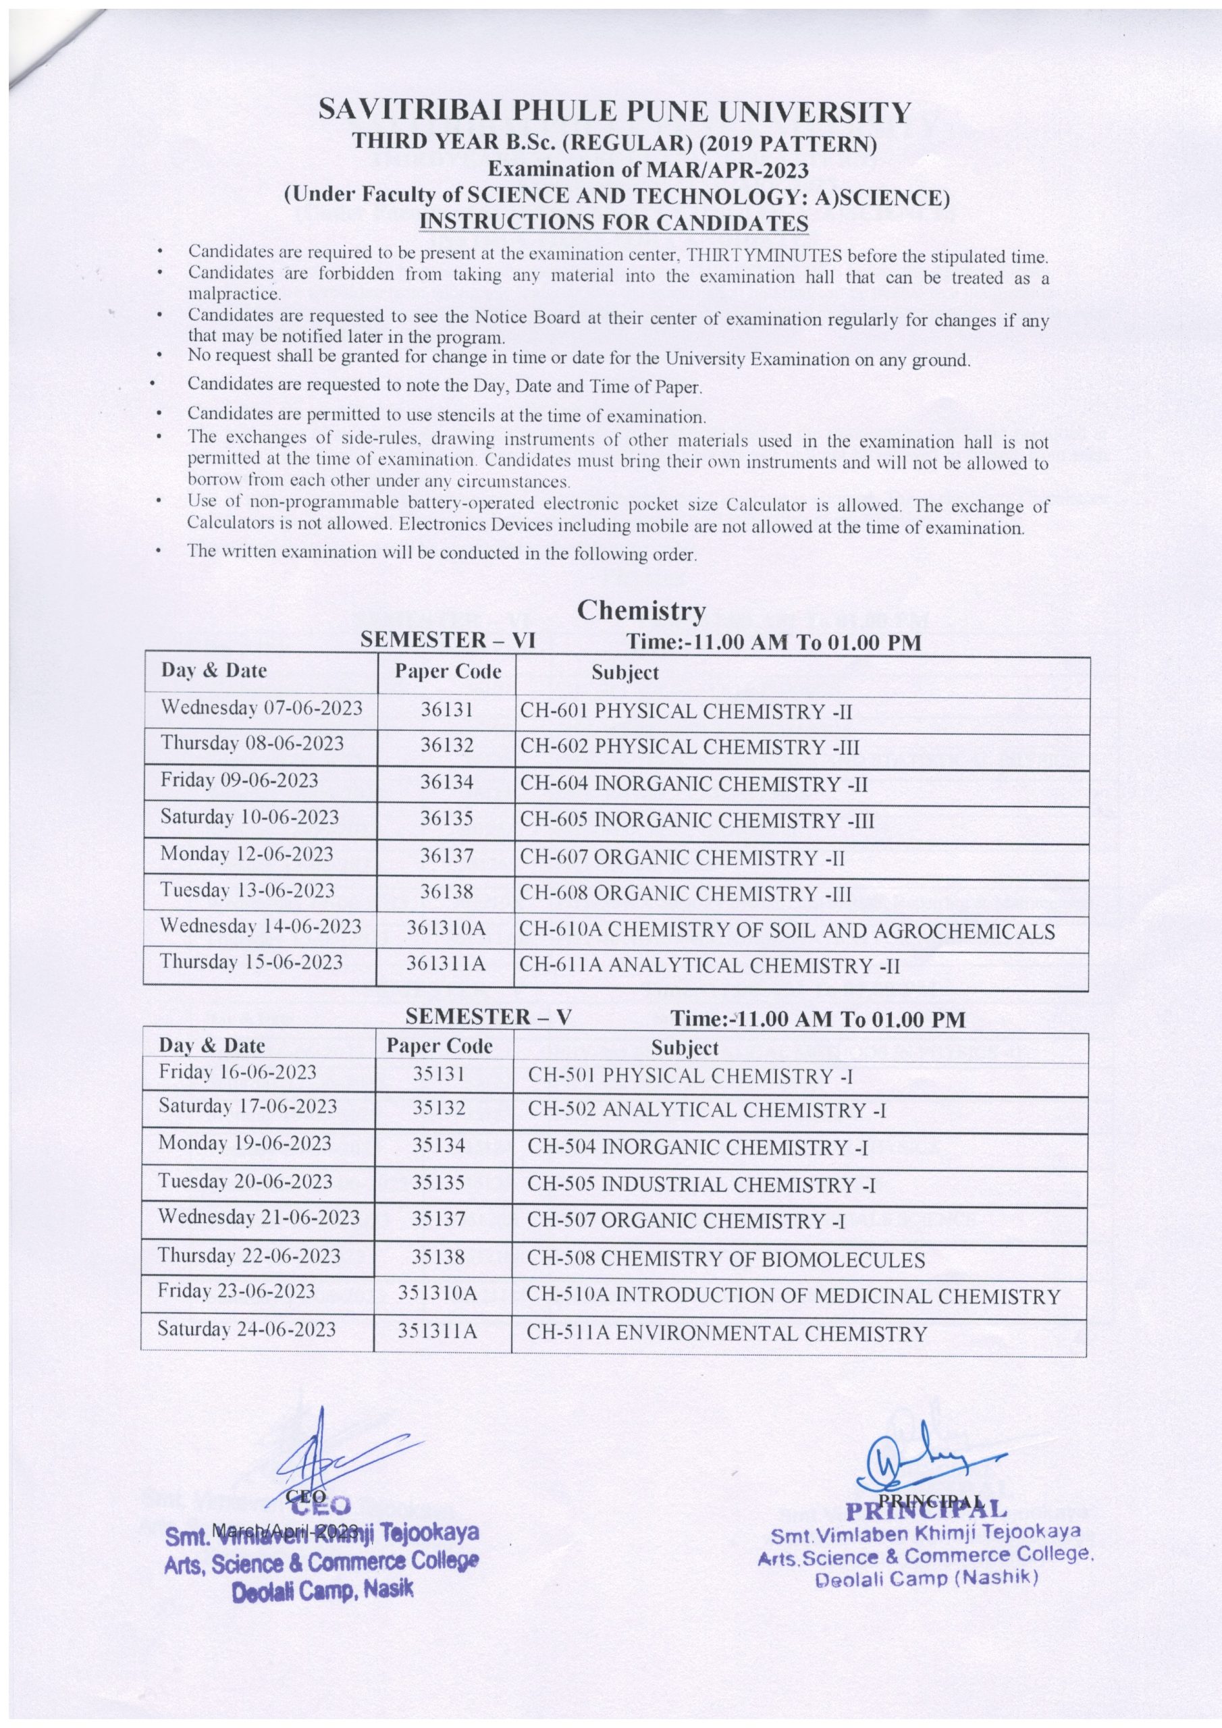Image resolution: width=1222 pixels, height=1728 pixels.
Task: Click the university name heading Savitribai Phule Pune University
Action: tap(614, 112)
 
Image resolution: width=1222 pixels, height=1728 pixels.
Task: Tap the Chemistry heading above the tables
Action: tap(641, 610)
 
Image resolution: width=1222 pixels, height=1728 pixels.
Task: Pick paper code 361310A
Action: tap(446, 929)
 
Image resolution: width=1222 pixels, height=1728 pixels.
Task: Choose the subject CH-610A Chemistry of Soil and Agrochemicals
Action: tap(787, 931)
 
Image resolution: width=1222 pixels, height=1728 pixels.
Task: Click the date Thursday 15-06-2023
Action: tap(251, 962)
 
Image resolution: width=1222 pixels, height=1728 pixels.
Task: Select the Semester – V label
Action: tap(488, 1017)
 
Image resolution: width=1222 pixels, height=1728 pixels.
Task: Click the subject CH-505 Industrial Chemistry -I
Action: tap(701, 1184)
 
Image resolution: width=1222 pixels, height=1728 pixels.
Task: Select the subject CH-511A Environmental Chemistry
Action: tap(726, 1334)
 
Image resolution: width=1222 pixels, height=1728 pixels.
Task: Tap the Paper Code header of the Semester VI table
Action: tap(448, 672)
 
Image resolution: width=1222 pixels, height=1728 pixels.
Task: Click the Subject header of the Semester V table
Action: tap(685, 1048)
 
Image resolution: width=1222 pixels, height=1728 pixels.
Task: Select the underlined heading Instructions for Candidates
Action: tap(614, 223)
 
